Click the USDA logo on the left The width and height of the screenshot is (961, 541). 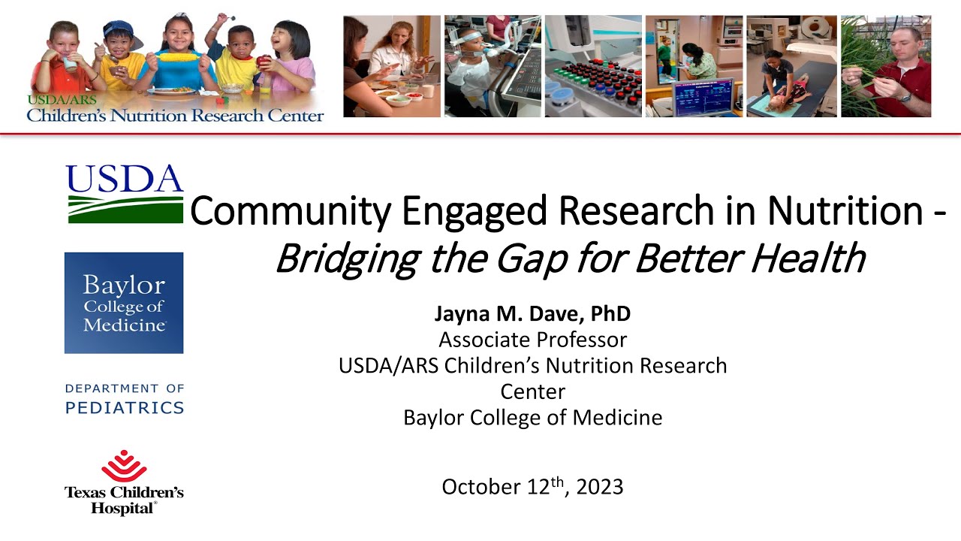pyautogui.click(x=125, y=193)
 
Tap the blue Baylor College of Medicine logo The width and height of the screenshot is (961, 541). pyautogui.click(x=124, y=303)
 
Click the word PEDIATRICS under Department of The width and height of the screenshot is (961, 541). pyautogui.click(x=125, y=408)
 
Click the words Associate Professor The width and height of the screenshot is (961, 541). pyautogui.click(x=532, y=340)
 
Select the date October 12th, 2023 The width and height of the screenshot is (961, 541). pyautogui.click(x=532, y=487)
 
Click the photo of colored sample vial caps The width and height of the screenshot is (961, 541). pyautogui.click(x=593, y=83)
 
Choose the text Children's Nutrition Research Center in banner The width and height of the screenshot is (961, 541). pyautogui.click(x=175, y=116)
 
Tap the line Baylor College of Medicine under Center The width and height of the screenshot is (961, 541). pyautogui.click(x=532, y=417)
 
